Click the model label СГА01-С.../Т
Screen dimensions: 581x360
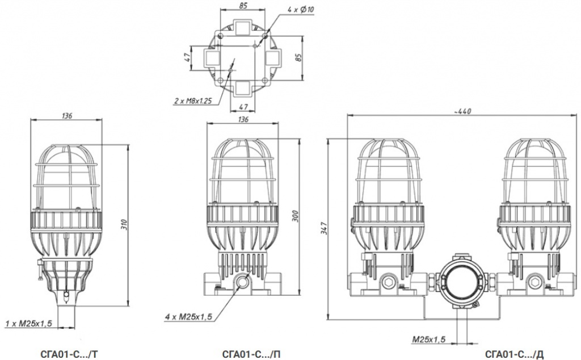pyautogui.click(x=69, y=354)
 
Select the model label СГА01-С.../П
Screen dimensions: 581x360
pyautogui.click(x=251, y=354)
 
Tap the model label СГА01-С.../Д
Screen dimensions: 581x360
pyautogui.click(x=514, y=354)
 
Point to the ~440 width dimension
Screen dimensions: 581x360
pyautogui.click(x=462, y=111)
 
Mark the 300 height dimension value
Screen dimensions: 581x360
pyautogui.click(x=295, y=216)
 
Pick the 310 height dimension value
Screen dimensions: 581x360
pyautogui.click(x=124, y=225)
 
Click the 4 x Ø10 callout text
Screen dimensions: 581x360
pyautogui.click(x=301, y=9)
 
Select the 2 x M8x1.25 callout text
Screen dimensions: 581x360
pyautogui.click(x=193, y=101)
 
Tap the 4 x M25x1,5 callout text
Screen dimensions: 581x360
pyautogui.click(x=188, y=317)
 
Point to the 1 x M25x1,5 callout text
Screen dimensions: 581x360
pyautogui.click(x=28, y=323)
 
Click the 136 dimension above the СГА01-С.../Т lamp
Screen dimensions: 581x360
pyautogui.click(x=67, y=116)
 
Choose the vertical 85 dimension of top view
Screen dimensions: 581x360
pyautogui.click(x=299, y=57)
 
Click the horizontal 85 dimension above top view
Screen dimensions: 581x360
pyautogui.click(x=243, y=6)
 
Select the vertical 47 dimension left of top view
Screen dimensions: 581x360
pyautogui.click(x=188, y=57)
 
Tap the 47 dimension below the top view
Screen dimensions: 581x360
pyautogui.click(x=243, y=107)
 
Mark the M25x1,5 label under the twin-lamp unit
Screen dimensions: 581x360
pyautogui.click(x=429, y=339)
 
